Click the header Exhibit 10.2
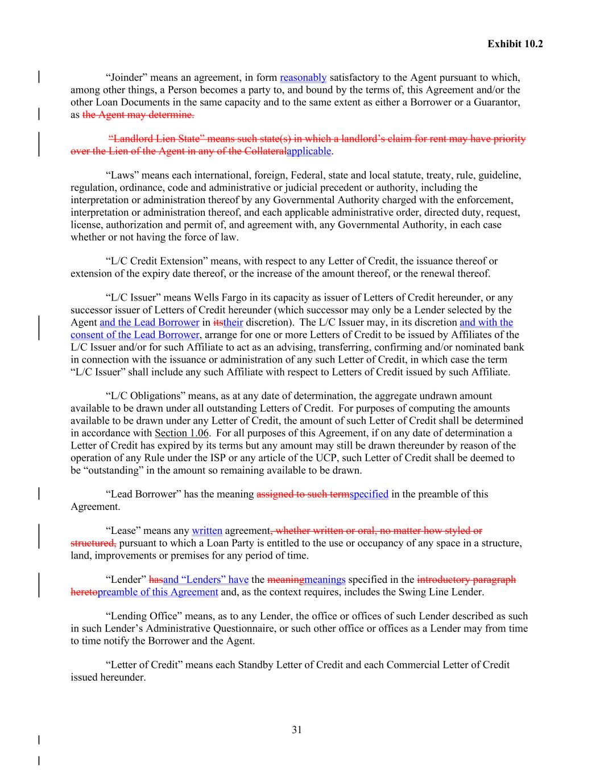(x=515, y=44)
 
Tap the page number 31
(x=296, y=730)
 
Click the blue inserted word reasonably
(x=303, y=77)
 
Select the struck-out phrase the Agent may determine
(x=138, y=115)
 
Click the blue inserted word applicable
(x=309, y=151)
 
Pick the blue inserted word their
(x=233, y=322)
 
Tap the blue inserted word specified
(x=369, y=494)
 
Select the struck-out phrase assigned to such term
(x=303, y=494)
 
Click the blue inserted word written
(x=207, y=531)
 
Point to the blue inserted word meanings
(x=325, y=579)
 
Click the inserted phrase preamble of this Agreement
(x=158, y=592)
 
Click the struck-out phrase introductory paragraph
(x=466, y=579)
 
